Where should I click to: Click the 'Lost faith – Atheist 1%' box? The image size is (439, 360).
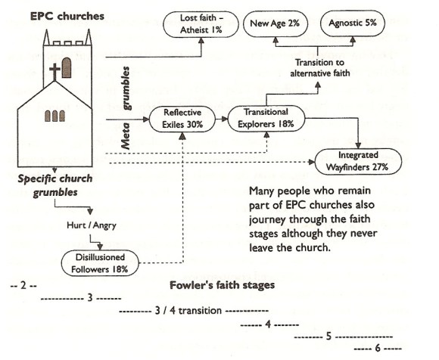[201, 23]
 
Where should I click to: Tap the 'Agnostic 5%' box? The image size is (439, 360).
[352, 23]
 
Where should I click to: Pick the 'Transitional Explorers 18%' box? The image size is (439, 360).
[261, 118]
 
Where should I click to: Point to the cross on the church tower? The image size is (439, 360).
[55, 73]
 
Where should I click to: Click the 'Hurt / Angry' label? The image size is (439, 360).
[86, 225]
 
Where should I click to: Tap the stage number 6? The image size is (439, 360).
[375, 349]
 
